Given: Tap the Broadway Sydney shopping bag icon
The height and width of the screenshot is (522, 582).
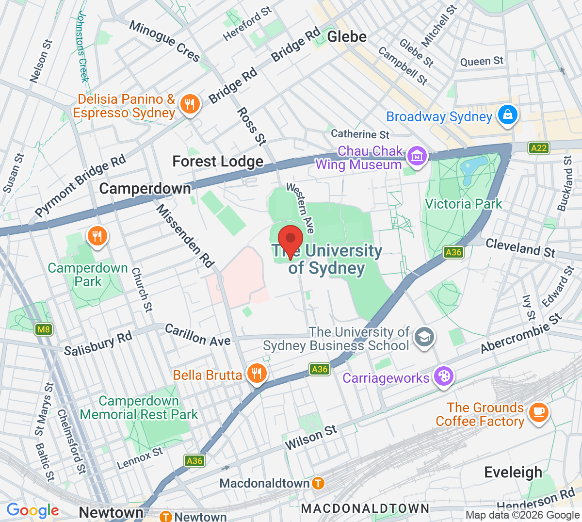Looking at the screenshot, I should pos(507,115).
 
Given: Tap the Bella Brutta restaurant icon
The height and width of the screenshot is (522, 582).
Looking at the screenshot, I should pos(257,374).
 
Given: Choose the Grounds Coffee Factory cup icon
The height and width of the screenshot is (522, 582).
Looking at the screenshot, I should pos(538,412).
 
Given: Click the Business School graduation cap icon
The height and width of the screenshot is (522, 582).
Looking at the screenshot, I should pos(424,337).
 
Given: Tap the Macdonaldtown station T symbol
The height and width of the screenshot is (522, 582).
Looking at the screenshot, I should pos(318,483).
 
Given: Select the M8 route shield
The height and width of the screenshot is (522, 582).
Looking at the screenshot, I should pos(44,330).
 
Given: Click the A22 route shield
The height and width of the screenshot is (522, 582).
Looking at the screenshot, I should pos(538,148).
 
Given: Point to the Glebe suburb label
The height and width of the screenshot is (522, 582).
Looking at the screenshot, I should pos(347,37).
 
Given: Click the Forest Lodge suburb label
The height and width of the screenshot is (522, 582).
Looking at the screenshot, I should pos(218,162).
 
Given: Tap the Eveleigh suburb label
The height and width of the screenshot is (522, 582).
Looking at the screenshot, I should pos(513,472).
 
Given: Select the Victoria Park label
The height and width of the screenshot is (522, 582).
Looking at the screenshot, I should pos(463,204).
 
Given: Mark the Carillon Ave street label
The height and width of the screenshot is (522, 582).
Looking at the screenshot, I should pos(197,335).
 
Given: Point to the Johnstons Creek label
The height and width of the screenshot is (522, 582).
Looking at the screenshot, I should pos(83,46).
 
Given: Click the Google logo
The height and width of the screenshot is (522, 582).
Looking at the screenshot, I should pos(32,510).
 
